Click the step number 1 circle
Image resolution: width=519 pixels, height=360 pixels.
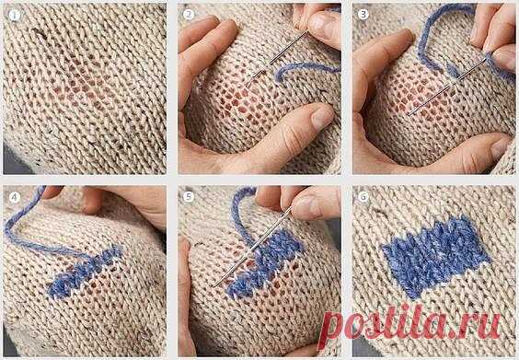pos(14,16)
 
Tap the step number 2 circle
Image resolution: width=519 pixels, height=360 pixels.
pos(189,15)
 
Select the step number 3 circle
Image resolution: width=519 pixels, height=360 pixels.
pos(363,15)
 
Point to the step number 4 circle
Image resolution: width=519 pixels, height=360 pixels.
pos(14,197)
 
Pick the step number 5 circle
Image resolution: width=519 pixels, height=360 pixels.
pos(189,197)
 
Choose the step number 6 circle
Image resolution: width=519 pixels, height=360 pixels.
pos(363,197)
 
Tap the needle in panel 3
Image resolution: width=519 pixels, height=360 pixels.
pos(447,87)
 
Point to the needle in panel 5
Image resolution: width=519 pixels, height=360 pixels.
pos(253,247)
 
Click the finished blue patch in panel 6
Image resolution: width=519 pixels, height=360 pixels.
pos(436,257)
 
